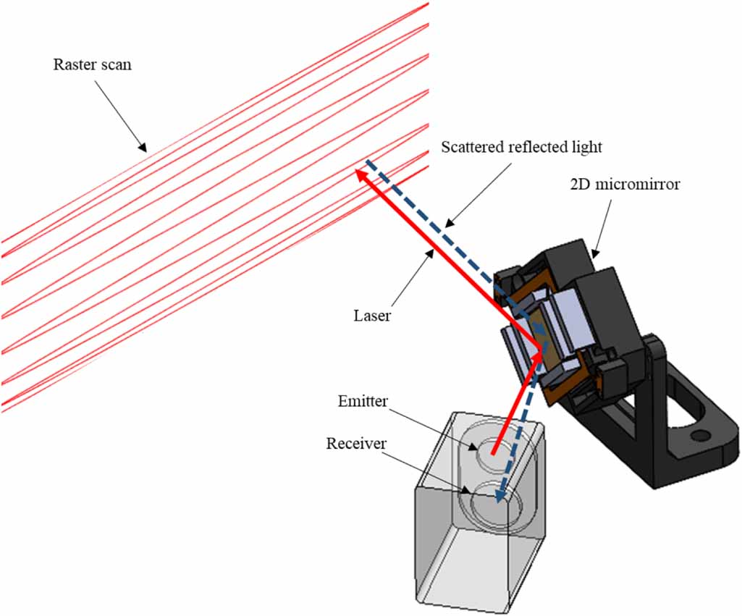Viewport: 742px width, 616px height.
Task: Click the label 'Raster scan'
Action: [x=93, y=64]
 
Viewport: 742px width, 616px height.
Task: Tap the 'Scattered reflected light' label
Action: [x=521, y=148]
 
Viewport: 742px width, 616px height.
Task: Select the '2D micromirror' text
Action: [x=624, y=185]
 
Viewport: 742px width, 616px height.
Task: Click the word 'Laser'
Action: [x=372, y=316]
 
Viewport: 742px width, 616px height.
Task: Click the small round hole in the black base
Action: [x=699, y=436]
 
